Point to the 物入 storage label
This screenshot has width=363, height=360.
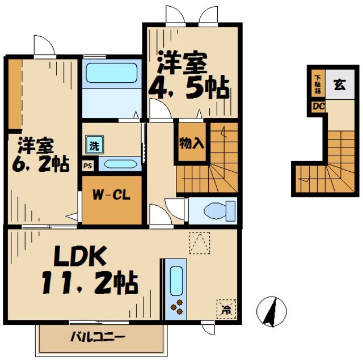click(191, 142)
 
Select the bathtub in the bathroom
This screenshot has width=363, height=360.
click(111, 73)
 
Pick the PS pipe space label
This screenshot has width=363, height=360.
click(87, 166)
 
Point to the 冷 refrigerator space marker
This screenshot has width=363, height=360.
click(225, 309)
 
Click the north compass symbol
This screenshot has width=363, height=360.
click(272, 312)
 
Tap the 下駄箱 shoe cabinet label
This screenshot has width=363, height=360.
click(318, 84)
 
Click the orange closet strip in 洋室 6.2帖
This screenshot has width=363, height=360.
click(14, 94)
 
